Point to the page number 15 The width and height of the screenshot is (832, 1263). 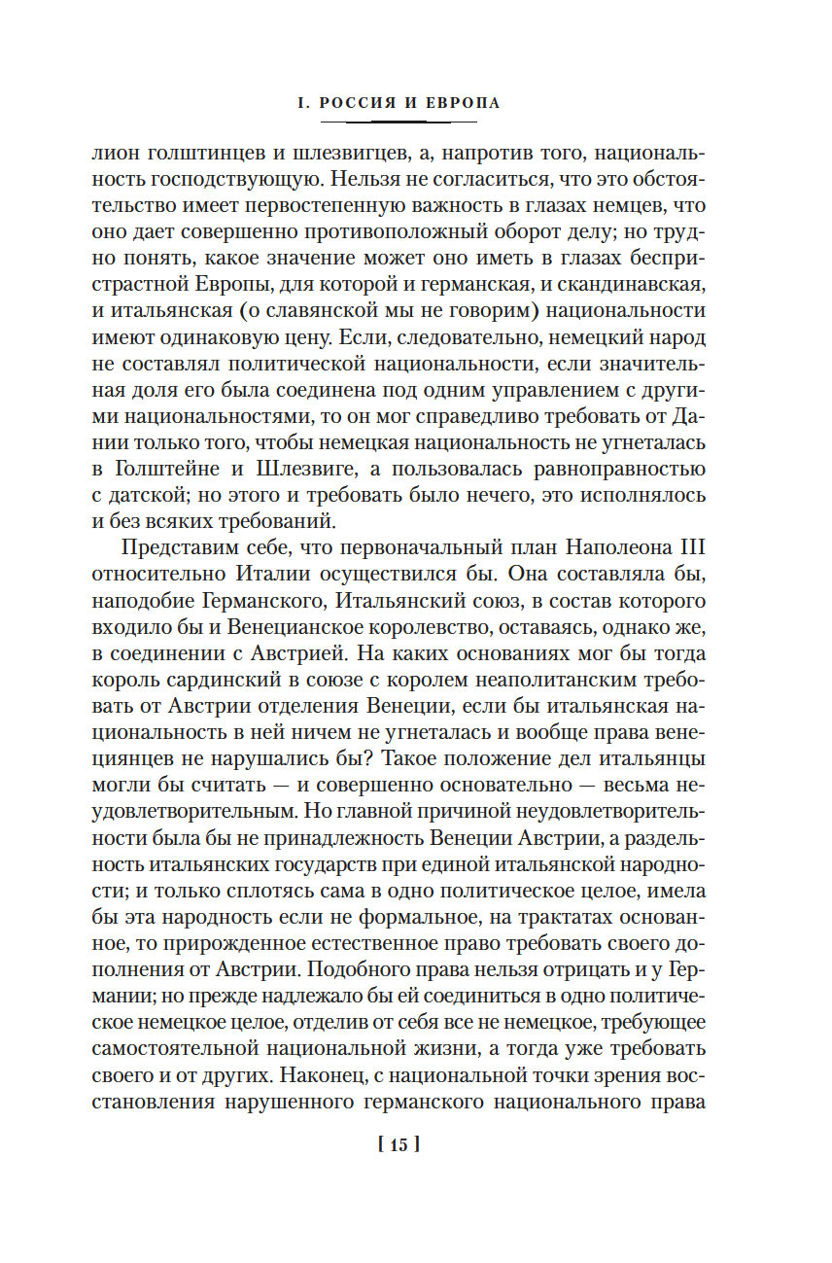point(399,1144)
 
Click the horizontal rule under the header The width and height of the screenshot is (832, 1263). point(399,122)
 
